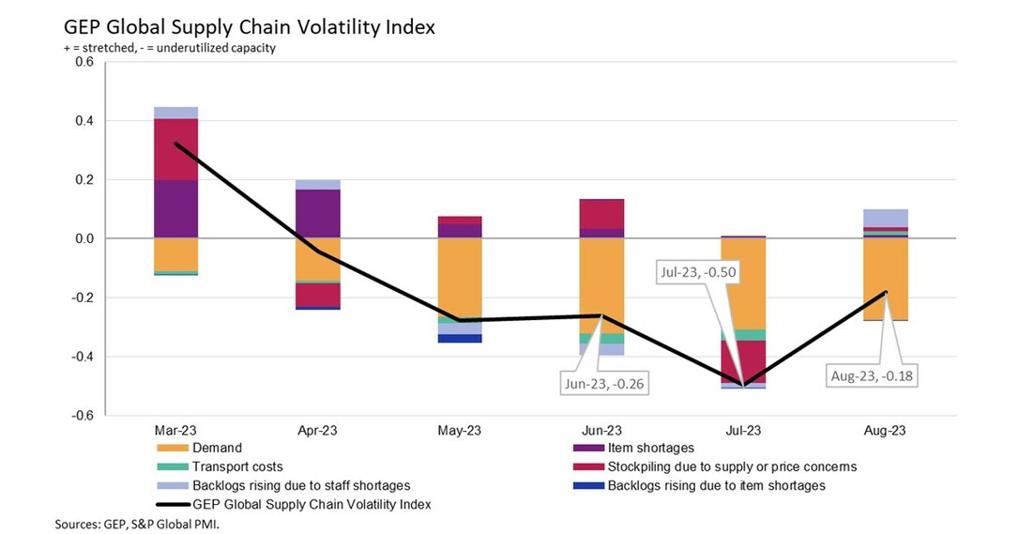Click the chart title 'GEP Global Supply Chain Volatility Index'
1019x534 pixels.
pyautogui.click(x=249, y=27)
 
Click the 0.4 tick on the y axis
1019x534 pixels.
pyautogui.click(x=84, y=121)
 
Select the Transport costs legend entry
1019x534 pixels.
pyautogui.click(x=237, y=466)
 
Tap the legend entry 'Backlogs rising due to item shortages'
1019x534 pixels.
pyautogui.click(x=716, y=485)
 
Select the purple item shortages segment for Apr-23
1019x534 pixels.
pyautogui.click(x=317, y=213)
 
